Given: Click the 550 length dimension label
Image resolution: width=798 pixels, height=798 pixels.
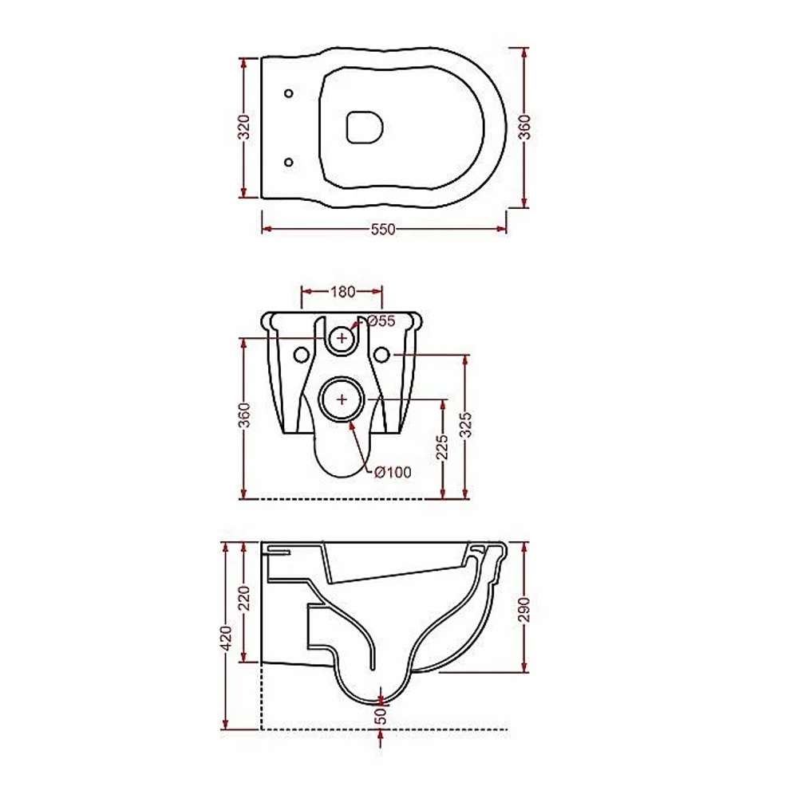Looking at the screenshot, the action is coord(383,230).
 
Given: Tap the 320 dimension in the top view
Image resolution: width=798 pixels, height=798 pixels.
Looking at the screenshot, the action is coord(245,128).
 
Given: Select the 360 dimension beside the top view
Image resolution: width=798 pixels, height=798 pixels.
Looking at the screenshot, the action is coord(524,128).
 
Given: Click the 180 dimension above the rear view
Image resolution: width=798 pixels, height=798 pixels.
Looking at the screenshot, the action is coord(343,292).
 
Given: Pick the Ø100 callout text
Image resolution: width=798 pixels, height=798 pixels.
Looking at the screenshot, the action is coord(393,472).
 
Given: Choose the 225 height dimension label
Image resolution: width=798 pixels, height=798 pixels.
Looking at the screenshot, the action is coord(442,447).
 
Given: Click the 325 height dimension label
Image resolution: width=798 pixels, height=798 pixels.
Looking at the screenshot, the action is coord(466,425).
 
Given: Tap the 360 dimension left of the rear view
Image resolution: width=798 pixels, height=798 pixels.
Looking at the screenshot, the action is coord(245,415).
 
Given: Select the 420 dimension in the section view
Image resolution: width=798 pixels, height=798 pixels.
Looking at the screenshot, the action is coord(227,636).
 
